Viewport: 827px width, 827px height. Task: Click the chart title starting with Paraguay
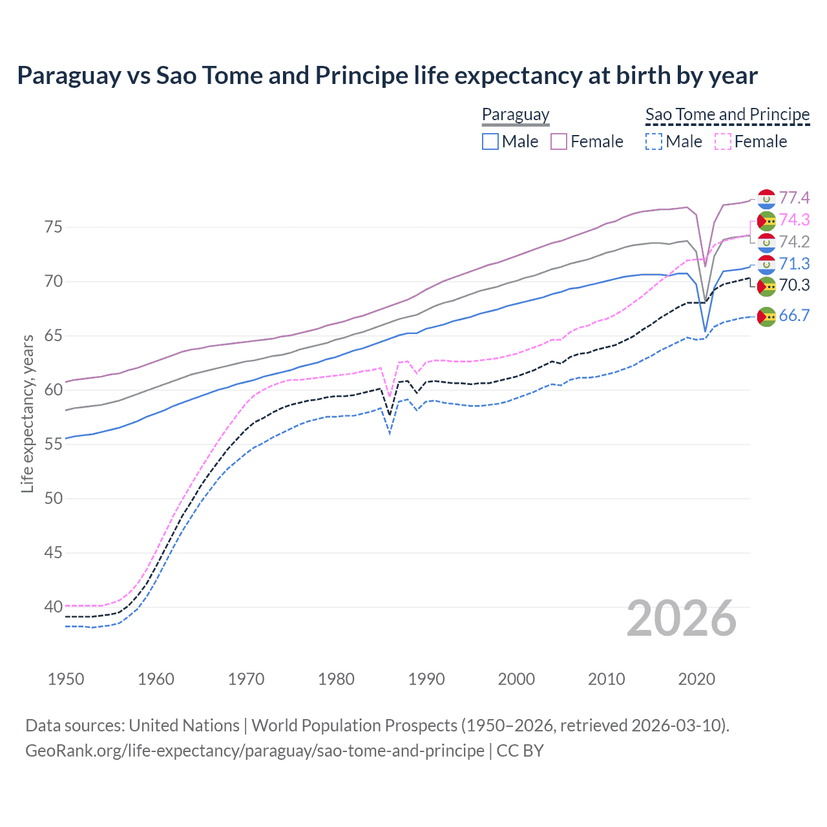tap(387, 76)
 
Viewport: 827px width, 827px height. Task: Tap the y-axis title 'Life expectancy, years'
tap(27, 413)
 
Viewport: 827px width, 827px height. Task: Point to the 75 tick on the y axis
tap(53, 227)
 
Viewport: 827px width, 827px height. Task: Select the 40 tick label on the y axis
tap(53, 607)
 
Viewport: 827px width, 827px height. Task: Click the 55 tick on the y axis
tap(53, 445)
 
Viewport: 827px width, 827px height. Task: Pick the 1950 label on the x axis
tap(66, 679)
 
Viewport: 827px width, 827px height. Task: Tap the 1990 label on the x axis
tap(426, 679)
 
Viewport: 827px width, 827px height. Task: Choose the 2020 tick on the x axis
tap(696, 679)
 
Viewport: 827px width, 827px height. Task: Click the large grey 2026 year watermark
tap(681, 618)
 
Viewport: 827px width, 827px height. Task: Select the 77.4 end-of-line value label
tap(794, 198)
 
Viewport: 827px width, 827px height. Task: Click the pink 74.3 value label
tap(794, 220)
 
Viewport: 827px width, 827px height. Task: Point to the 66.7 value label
tap(794, 315)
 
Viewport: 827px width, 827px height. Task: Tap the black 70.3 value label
tap(794, 285)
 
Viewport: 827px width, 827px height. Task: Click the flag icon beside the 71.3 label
tap(766, 264)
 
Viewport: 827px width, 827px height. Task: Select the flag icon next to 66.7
tap(766, 316)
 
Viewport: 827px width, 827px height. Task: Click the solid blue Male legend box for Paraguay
tap(490, 141)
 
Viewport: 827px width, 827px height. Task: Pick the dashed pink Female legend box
tap(723, 141)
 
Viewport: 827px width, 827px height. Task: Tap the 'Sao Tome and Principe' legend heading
tap(728, 114)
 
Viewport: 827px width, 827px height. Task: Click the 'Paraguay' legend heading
tap(516, 114)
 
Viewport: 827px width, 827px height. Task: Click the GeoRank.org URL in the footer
tap(255, 751)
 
